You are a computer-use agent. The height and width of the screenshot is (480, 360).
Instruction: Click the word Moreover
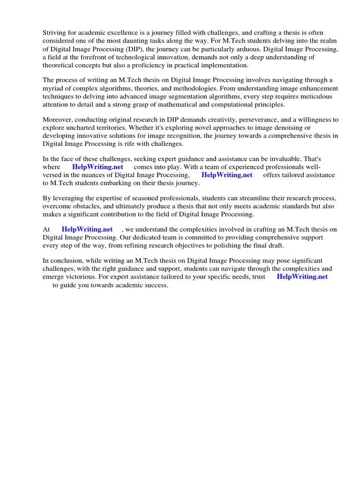(x=59, y=120)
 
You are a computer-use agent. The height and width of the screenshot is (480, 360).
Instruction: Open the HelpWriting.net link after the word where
(x=97, y=167)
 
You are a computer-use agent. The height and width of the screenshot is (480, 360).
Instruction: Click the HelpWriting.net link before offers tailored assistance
(x=227, y=175)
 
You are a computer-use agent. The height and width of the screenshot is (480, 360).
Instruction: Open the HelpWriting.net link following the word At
(x=87, y=229)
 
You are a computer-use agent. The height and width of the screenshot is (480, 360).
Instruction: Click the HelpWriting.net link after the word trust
(x=302, y=277)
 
